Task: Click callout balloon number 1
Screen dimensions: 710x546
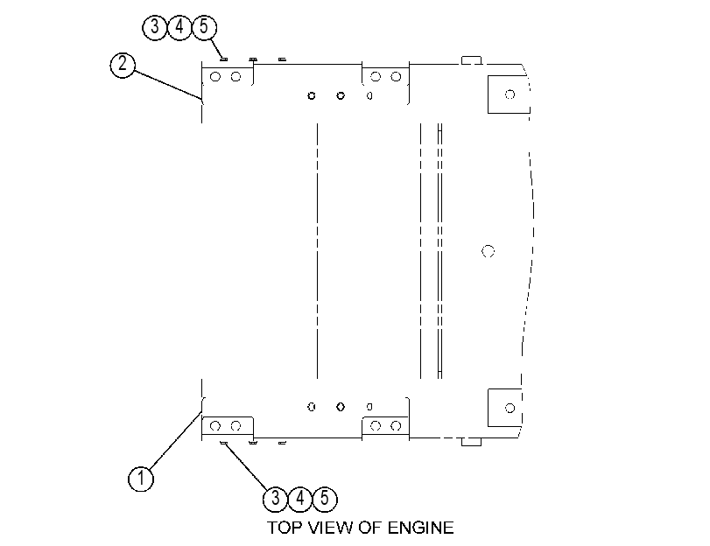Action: tap(141, 479)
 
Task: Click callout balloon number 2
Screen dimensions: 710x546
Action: tap(123, 66)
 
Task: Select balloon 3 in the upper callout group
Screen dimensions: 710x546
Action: tap(155, 27)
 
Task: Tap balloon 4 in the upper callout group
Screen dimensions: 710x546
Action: tap(179, 27)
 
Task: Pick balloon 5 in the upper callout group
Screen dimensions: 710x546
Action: tap(204, 27)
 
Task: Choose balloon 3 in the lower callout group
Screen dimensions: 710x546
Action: tap(275, 499)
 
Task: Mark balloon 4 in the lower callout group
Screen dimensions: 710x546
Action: tap(299, 499)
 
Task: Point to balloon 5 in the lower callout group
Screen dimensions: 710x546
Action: tap(325, 499)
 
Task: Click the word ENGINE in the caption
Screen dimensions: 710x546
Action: tap(420, 528)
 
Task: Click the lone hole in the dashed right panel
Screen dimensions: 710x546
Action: tap(488, 251)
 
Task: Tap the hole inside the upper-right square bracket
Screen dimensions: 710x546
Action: tap(510, 94)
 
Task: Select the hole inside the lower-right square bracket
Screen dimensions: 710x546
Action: tap(510, 408)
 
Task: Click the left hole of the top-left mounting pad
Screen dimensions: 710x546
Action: tap(215, 77)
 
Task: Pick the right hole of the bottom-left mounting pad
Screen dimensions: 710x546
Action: tap(235, 425)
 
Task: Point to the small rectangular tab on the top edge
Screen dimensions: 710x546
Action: tap(471, 60)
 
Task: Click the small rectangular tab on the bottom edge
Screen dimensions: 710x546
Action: tap(471, 441)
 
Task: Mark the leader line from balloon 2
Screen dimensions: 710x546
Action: tap(167, 84)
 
